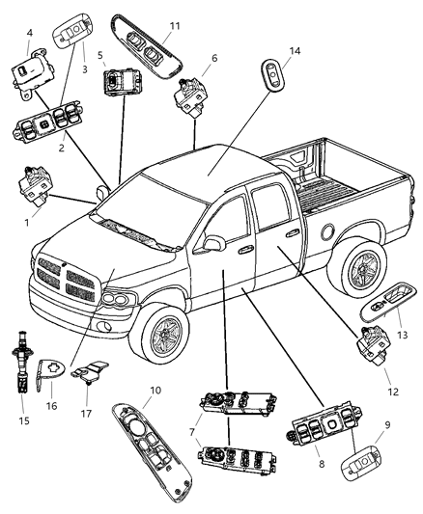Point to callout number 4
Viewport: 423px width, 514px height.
click(29, 33)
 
